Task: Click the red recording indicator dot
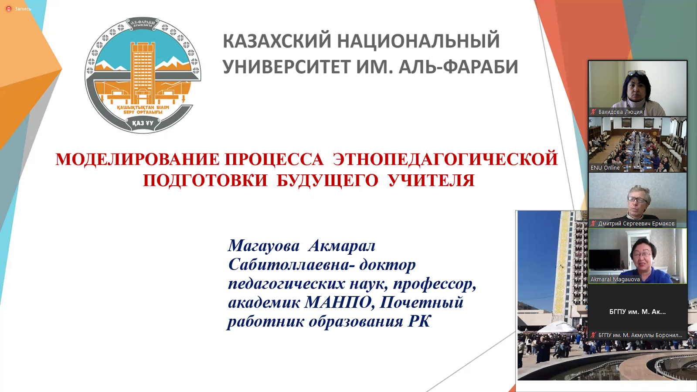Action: point(9,9)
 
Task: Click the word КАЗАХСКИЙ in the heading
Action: point(277,41)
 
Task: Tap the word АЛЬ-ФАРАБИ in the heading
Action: point(458,67)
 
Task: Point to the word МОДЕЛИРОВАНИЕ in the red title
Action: point(138,159)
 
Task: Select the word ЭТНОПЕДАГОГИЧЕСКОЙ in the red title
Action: point(445,159)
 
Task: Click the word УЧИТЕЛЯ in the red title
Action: point(432,180)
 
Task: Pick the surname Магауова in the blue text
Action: point(264,245)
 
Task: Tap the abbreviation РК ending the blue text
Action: point(419,321)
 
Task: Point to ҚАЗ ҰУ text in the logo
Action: point(143,123)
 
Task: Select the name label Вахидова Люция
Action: point(620,112)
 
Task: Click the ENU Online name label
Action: point(605,168)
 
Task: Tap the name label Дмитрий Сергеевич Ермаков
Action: point(636,224)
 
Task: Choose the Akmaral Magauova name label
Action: point(615,280)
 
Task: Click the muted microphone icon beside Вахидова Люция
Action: point(593,112)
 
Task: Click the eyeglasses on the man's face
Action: point(637,200)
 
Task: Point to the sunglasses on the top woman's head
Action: point(637,73)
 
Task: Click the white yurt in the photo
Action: point(557,328)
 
